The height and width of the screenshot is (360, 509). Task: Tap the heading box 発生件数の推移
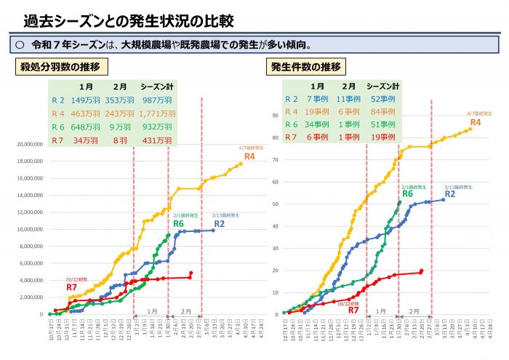point(316,67)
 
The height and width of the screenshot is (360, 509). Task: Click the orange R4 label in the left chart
point(249,156)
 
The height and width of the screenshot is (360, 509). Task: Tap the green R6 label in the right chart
point(408,194)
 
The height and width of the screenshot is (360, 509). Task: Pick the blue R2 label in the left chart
point(219,223)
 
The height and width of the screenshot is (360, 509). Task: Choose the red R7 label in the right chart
point(354,311)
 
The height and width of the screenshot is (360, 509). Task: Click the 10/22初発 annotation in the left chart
point(76,279)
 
